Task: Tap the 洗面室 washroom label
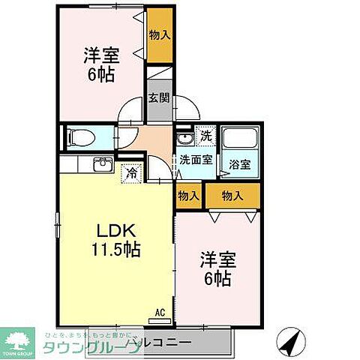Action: coord(196,159)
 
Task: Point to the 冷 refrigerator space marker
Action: coord(130,173)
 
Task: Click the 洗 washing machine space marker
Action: coord(205,136)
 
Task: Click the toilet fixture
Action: coord(80,137)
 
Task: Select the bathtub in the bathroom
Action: coord(240,138)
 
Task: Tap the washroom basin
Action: coord(183,141)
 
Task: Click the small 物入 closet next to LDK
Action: coord(187,195)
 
